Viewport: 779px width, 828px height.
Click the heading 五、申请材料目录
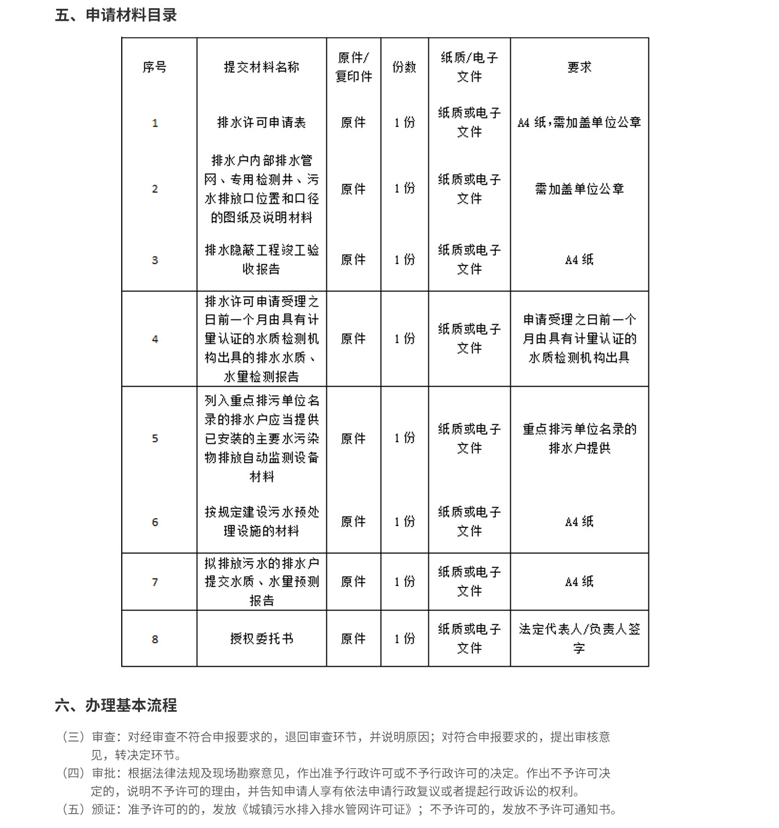pos(116,15)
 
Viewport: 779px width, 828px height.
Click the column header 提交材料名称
pos(261,67)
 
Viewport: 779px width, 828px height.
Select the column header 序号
pos(154,67)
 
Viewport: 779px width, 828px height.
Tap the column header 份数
pos(404,67)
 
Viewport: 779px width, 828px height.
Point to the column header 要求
pos(579,67)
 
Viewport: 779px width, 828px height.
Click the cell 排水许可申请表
pos(261,122)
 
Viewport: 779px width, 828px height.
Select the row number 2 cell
pos(155,189)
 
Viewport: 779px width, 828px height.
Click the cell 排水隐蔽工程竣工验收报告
pos(261,259)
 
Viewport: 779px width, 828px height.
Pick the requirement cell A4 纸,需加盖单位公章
pos(579,122)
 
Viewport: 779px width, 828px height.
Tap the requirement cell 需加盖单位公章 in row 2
pos(579,189)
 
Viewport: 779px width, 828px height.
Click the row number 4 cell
pos(155,339)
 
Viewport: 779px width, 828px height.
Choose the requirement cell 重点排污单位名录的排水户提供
pos(579,438)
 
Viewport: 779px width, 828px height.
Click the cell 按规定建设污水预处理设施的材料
pos(261,521)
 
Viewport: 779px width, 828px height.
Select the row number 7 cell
pos(155,582)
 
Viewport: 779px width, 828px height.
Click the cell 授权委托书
pos(261,639)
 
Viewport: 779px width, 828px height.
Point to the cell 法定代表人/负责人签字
pos(579,638)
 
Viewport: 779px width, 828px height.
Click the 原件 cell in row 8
pos(353,639)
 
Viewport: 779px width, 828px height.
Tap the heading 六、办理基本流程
pos(116,705)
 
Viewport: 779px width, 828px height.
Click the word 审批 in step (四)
pos(104,774)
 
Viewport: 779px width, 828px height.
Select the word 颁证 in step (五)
pos(104,810)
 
